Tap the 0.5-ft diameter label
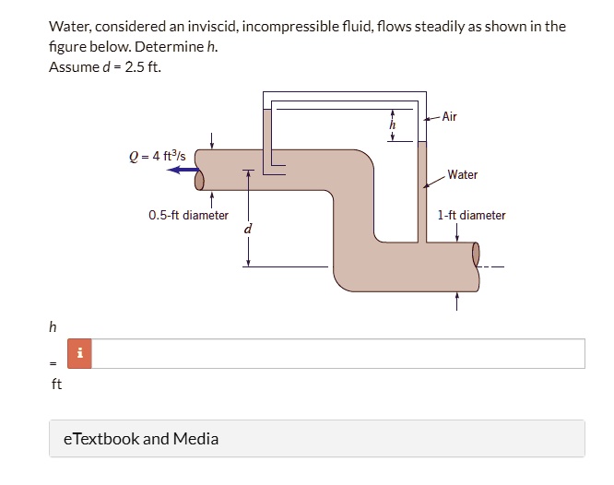188,216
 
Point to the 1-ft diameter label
472,216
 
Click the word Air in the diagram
449,117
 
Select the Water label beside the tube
463,174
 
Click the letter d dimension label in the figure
247,228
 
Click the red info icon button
81,353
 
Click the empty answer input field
337,353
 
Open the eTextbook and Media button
141,439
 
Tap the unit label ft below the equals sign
56,384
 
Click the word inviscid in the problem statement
239,27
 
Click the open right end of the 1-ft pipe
476,254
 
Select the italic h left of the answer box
53,326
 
